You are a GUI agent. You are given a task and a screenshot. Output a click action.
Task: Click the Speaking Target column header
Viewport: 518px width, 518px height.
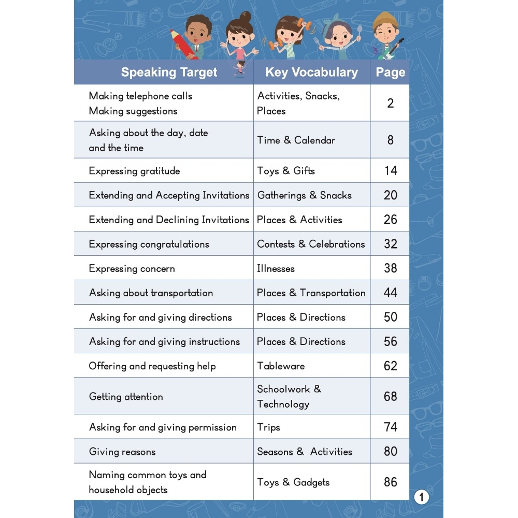pos(169,73)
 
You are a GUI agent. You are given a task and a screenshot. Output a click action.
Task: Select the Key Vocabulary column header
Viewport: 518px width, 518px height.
pos(311,73)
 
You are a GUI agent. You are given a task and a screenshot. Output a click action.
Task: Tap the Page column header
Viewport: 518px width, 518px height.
pos(390,73)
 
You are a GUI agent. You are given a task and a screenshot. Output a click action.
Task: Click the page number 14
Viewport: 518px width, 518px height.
pos(391,170)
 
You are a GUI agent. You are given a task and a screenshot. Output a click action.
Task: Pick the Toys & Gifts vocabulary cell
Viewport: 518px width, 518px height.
pos(286,170)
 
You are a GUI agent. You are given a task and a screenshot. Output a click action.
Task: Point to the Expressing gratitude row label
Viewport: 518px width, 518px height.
pos(134,171)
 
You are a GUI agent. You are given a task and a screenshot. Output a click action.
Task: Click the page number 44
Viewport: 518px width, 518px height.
pos(391,293)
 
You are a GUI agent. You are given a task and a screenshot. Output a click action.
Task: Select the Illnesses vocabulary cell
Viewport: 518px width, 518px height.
pos(276,268)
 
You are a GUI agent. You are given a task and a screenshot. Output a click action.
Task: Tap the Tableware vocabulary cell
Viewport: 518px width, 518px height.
pos(281,366)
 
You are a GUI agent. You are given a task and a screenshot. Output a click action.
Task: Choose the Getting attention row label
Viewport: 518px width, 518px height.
pos(126,397)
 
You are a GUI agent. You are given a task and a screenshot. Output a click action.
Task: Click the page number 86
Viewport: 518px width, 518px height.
pos(391,482)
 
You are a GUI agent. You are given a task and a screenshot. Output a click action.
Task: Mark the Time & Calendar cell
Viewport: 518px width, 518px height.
pos(296,140)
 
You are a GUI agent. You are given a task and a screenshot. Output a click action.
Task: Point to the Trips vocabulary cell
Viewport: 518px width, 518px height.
pos(268,427)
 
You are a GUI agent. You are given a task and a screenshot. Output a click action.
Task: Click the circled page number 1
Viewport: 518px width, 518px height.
pos(422,498)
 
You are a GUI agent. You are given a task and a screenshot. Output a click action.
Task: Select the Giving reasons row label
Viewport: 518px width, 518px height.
pos(122,452)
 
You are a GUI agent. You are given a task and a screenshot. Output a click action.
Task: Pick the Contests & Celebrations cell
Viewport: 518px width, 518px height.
pos(311,244)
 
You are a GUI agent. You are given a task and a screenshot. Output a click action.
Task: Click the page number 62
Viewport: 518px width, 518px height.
pos(391,366)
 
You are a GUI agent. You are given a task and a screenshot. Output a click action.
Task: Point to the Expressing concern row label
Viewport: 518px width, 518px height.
pos(132,268)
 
